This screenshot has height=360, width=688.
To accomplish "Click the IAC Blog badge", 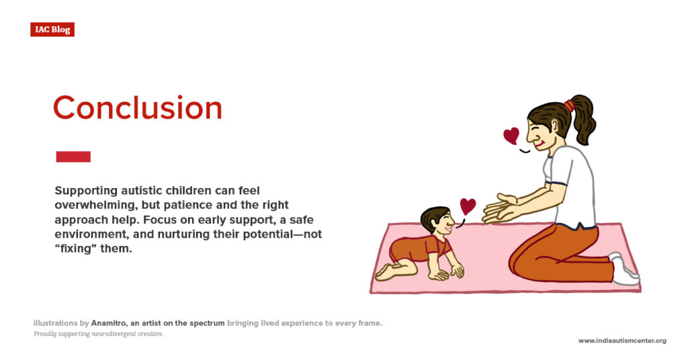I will (52, 30).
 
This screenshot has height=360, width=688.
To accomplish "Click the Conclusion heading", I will (137, 108).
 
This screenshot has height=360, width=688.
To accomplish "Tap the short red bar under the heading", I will (73, 156).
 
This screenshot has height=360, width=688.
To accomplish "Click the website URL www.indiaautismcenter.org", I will (622, 341).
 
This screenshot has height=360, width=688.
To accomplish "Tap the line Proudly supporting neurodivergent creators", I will (98, 334).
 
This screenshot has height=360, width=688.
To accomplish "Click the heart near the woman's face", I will (511, 136).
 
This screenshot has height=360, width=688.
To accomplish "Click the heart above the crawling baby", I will (468, 206).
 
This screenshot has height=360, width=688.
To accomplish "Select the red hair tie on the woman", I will (570, 105).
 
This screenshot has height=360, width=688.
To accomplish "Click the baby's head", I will (435, 222).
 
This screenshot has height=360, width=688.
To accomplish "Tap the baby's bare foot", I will (385, 271).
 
